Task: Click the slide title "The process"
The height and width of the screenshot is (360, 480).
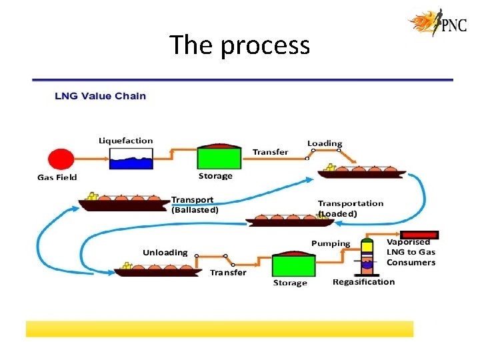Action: [x=239, y=45]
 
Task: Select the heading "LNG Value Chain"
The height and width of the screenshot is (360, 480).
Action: [x=100, y=96]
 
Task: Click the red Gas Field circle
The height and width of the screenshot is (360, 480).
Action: [x=61, y=160]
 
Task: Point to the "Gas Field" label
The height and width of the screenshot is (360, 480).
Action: [x=57, y=177]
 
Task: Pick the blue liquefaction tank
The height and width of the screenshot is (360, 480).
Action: [x=131, y=159]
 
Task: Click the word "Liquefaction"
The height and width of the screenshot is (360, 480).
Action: [x=125, y=141]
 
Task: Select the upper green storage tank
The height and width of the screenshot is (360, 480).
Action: [x=218, y=156]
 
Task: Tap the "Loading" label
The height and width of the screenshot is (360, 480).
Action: [x=325, y=143]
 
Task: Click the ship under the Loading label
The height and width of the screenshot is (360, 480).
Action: [x=361, y=172]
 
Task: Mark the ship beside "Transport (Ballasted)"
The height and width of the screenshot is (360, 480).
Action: [x=123, y=201]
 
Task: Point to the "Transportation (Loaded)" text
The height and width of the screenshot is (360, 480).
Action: [x=351, y=208]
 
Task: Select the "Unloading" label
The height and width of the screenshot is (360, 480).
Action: [x=165, y=253]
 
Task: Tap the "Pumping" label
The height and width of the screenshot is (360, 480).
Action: [x=331, y=243]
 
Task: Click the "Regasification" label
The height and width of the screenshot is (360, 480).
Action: [x=363, y=281]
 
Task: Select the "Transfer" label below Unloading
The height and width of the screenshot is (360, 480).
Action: [x=228, y=272]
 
